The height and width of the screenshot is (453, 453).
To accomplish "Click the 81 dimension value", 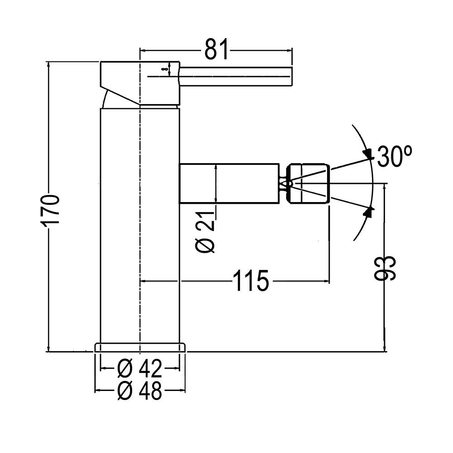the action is [216, 50].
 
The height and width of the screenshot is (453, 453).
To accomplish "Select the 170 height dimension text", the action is [50, 209].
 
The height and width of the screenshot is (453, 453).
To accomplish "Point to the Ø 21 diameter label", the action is [207, 232].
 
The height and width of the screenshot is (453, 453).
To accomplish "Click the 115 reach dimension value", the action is [251, 281].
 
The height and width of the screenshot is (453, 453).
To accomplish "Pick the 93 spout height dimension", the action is [386, 268].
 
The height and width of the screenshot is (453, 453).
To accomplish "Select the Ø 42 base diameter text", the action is [139, 369].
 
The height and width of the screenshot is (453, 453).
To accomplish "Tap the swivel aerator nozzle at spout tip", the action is [310, 183].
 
